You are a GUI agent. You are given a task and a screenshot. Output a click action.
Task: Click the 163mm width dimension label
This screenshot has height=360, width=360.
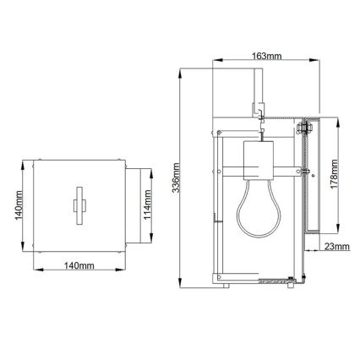(266, 56)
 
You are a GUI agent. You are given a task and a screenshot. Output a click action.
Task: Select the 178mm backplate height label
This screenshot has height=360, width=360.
(335, 178)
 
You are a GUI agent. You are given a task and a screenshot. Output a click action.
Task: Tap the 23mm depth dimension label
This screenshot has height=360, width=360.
(336, 247)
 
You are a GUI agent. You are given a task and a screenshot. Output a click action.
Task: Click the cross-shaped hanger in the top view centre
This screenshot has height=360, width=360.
(79, 204)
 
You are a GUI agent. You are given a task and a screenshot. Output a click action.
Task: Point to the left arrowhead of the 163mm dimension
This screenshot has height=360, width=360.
(212, 63)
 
